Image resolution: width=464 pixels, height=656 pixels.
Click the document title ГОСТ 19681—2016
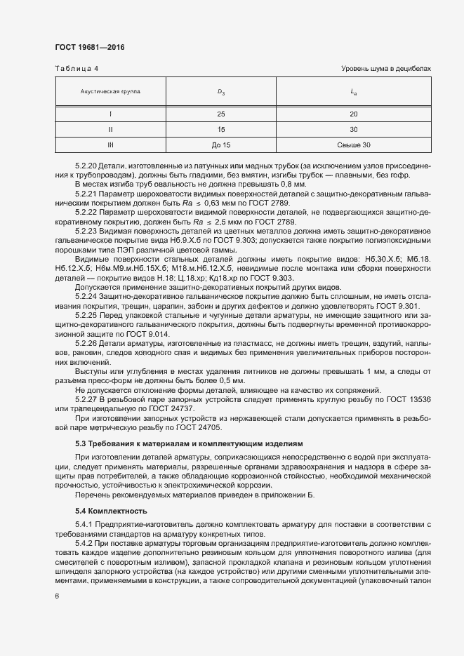point(90,48)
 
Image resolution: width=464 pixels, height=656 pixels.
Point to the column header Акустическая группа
point(110,91)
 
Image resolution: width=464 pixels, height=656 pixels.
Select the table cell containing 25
point(220,114)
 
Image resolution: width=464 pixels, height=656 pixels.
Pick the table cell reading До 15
point(220,145)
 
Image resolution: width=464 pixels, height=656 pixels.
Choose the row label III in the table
point(110,145)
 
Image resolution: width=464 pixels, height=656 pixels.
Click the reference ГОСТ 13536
point(409,400)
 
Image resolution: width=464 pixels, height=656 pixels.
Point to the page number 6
point(56,597)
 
